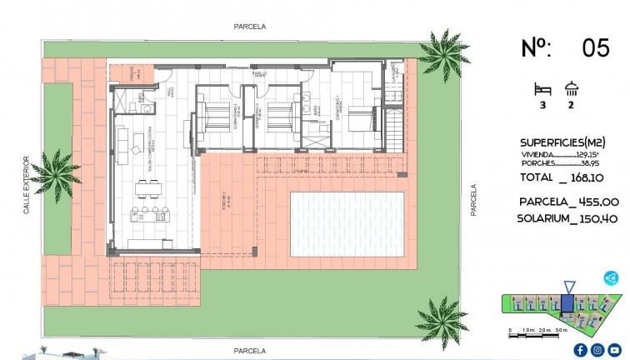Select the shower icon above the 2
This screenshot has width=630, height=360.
[x=572, y=87]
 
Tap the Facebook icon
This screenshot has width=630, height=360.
[x=580, y=350]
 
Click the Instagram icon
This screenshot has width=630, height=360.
[x=597, y=350]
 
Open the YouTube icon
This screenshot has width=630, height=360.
[x=615, y=350]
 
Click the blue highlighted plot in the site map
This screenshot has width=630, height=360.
[x=567, y=303]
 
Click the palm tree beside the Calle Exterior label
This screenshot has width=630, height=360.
[x=59, y=171]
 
